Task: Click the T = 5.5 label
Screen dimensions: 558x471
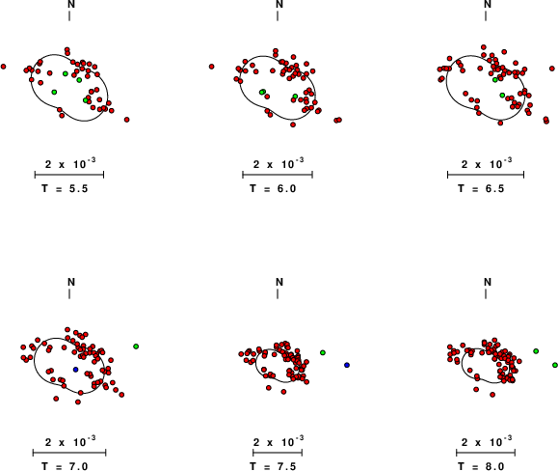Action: [65, 188]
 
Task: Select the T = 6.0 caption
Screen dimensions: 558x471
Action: [273, 188]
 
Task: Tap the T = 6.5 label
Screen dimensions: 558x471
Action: [481, 188]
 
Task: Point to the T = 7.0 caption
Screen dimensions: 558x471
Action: [65, 466]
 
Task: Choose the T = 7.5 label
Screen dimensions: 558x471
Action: [273, 466]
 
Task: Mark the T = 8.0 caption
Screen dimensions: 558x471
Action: [481, 466]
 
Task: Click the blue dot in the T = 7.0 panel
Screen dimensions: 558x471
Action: [75, 370]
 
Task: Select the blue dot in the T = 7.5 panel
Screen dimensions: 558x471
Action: [347, 365]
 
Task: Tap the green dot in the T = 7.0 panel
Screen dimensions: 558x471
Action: [136, 346]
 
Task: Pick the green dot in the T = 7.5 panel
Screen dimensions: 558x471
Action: [323, 352]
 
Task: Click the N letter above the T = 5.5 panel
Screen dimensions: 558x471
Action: [71, 4]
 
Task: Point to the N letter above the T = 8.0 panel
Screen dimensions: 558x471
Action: [488, 282]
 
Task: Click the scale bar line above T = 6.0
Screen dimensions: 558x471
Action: [278, 175]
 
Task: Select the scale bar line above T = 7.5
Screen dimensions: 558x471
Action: [278, 453]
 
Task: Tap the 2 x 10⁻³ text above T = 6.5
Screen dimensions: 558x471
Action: [487, 163]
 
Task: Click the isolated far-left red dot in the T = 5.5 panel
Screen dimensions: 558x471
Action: [4, 67]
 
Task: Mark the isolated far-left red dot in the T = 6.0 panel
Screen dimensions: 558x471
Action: [212, 67]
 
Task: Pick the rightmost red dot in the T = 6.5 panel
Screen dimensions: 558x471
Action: [552, 69]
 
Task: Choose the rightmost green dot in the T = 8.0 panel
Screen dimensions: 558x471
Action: [555, 365]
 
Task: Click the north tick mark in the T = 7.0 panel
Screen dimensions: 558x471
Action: [69, 294]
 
